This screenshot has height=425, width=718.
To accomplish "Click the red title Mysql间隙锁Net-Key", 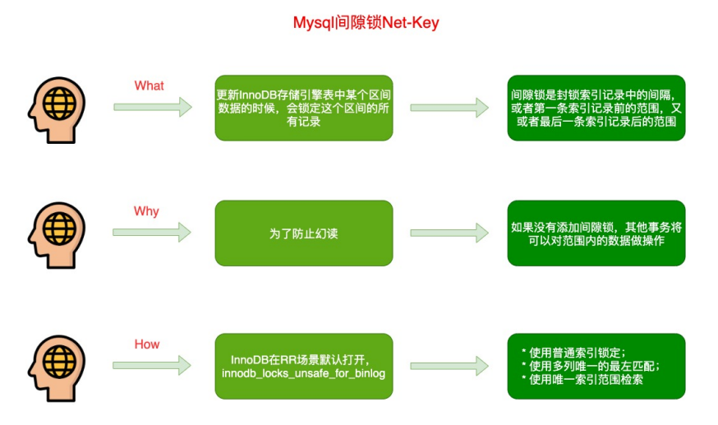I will tap(366, 23).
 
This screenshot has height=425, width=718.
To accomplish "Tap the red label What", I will tap(149, 85).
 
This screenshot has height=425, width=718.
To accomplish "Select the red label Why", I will tap(146, 211).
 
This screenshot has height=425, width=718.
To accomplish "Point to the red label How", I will tap(147, 344).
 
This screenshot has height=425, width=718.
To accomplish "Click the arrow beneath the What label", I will tap(153, 107).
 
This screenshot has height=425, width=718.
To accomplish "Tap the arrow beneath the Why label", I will tap(153, 233).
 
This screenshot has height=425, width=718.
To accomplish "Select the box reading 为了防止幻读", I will tap(303, 233).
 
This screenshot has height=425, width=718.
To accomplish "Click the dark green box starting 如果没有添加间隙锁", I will tap(596, 233).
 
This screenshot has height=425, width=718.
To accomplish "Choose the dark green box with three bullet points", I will tap(596, 366).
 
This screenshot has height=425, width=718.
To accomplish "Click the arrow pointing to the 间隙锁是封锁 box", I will tap(449, 108).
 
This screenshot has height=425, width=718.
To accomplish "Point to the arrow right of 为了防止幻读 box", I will tap(449, 233).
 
